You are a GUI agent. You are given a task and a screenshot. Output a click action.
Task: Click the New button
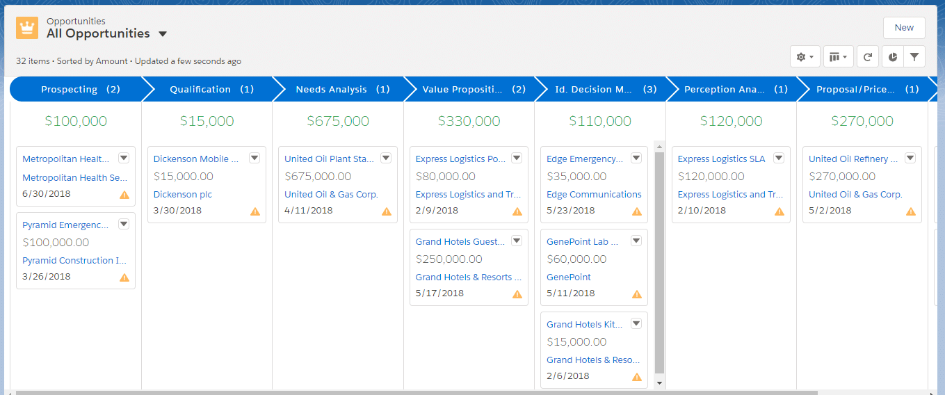(x=904, y=28)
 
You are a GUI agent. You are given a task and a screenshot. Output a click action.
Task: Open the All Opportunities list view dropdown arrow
(x=163, y=34)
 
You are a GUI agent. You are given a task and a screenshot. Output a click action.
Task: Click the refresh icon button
(x=868, y=57)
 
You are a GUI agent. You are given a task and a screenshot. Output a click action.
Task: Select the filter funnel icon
(x=914, y=57)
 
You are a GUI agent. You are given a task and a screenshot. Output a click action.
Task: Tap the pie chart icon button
(x=893, y=57)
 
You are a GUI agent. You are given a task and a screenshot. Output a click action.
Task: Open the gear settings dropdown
(x=805, y=57)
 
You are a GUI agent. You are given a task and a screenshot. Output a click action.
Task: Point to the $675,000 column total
(x=338, y=121)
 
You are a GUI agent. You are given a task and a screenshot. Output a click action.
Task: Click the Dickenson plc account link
(x=183, y=195)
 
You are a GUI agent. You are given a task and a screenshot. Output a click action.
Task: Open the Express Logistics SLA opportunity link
(x=721, y=159)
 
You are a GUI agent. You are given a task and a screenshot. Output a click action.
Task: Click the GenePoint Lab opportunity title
(x=578, y=242)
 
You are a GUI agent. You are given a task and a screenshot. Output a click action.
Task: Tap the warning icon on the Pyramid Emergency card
(x=124, y=277)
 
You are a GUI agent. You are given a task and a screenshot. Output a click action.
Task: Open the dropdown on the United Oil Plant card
(x=386, y=159)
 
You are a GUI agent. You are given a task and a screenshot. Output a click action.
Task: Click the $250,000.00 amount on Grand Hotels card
(x=449, y=259)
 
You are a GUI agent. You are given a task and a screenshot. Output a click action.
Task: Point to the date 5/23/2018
(x=571, y=211)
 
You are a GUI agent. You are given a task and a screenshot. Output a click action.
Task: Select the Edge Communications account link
(x=594, y=195)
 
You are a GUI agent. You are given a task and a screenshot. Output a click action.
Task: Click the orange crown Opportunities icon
(x=27, y=29)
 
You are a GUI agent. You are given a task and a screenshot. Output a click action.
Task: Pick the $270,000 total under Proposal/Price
(x=862, y=121)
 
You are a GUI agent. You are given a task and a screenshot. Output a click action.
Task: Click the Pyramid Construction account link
(x=74, y=261)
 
